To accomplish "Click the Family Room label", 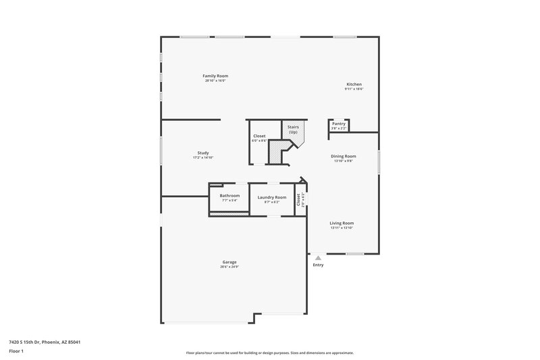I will tap(215, 76).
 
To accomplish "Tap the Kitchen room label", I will tap(354, 84).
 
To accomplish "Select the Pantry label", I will tap(339, 124).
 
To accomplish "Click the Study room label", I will tap(203, 153).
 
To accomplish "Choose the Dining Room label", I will tap(344, 156).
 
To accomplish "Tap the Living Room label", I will tap(342, 223).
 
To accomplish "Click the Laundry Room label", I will tap(272, 197).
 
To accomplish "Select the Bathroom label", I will tap(230, 195).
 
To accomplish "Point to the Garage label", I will tap(230, 261).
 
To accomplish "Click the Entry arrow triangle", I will tap(318, 257).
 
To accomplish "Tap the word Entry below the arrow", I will tap(318, 265).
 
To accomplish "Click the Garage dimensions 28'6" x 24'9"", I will tap(230, 267).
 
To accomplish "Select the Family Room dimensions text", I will tap(215, 81).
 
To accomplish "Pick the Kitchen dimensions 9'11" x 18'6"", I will tap(354, 89).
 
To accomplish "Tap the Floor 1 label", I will tap(16, 351).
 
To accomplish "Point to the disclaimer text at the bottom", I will tap(269, 353).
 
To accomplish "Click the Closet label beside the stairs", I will tap(259, 136).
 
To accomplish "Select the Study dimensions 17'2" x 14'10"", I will tap(203, 158).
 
